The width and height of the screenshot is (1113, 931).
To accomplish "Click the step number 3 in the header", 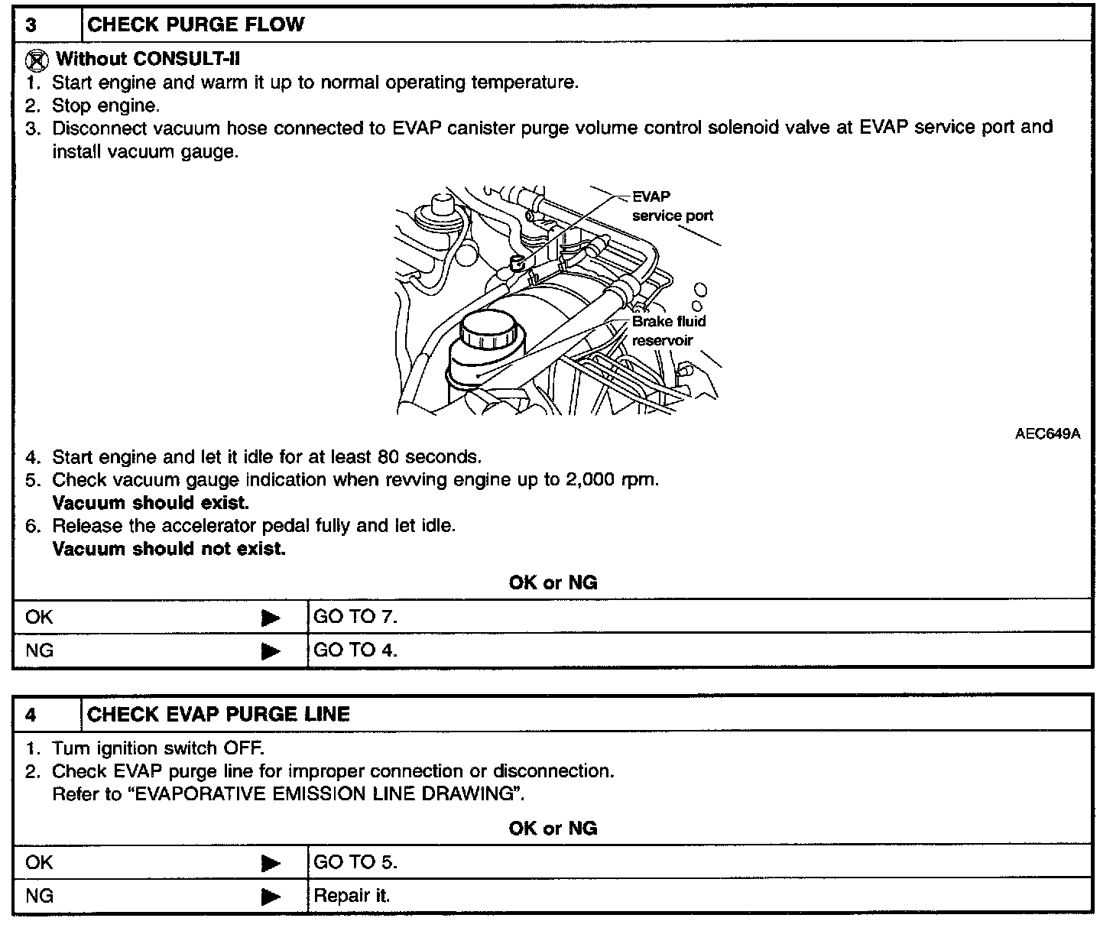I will click(31, 25).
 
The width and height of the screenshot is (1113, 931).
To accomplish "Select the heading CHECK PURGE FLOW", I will click(196, 25).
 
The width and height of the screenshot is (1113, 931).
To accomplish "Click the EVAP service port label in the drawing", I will click(672, 206).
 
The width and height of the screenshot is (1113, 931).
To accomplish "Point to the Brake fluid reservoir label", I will click(668, 330).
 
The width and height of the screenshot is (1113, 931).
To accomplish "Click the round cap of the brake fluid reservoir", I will click(490, 330).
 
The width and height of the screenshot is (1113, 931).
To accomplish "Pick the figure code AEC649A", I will click(1047, 434).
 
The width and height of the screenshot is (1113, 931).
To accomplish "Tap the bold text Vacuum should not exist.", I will click(169, 549).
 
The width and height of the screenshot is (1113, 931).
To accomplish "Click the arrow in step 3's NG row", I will click(271, 651).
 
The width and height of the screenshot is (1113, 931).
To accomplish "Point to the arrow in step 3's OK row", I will click(271, 618).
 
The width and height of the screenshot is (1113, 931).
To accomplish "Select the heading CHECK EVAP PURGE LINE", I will click(219, 714).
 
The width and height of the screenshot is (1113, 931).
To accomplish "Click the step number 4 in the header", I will click(31, 715).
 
